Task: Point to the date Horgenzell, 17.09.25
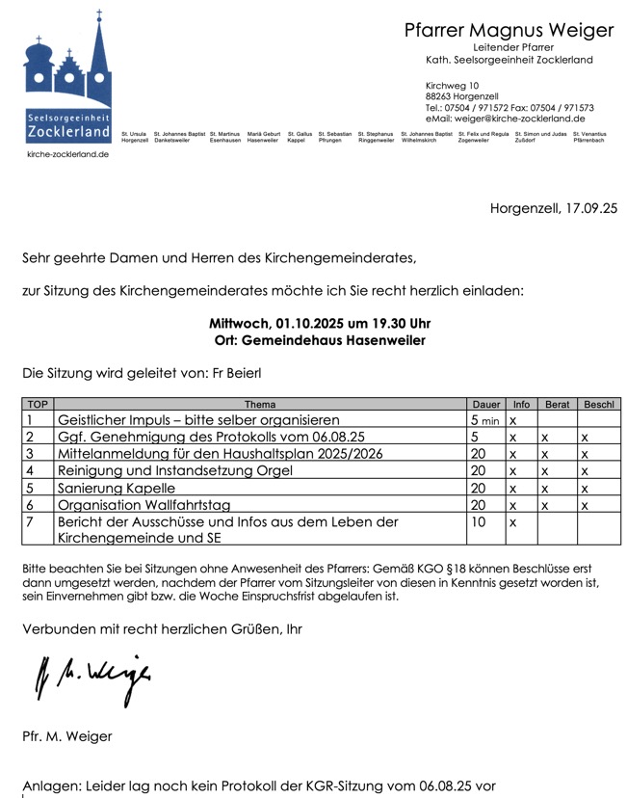pos(553,207)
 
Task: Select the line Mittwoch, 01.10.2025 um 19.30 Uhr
pos(319,324)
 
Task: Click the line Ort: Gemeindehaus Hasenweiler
pos(319,340)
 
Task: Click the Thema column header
pos(260,405)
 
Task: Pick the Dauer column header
pos(485,405)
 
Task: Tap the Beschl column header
pos(598,405)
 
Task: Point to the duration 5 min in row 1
pos(484,421)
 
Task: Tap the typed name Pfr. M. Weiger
pos(66,736)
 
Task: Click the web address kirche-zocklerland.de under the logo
pos(67,154)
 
